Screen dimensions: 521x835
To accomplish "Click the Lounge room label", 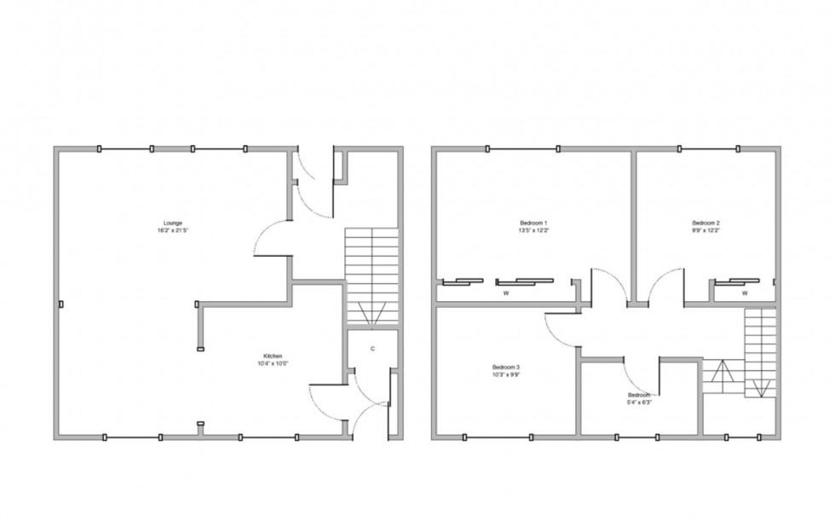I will click(x=173, y=223).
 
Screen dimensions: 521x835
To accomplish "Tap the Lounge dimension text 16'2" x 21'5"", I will click(x=173, y=231).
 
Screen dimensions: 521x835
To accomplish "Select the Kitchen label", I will click(x=273, y=356).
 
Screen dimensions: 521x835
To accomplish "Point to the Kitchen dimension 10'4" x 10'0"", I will click(x=273, y=363).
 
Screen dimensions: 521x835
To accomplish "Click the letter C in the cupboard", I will click(x=373, y=349).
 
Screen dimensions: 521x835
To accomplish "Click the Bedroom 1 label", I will click(x=533, y=223).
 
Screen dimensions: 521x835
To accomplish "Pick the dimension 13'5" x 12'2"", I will click(x=533, y=231).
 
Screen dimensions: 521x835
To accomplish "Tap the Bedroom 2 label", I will click(x=706, y=223).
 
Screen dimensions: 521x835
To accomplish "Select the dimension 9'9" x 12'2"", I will click(x=706, y=231).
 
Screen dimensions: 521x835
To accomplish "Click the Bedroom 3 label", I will click(x=506, y=367).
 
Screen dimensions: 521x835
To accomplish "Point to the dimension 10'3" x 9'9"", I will click(x=506, y=374).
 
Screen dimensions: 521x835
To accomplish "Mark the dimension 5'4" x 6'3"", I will click(x=640, y=403).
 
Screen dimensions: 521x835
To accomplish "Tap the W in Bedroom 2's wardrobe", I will click(x=745, y=293).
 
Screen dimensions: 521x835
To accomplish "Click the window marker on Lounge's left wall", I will click(x=60, y=303).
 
